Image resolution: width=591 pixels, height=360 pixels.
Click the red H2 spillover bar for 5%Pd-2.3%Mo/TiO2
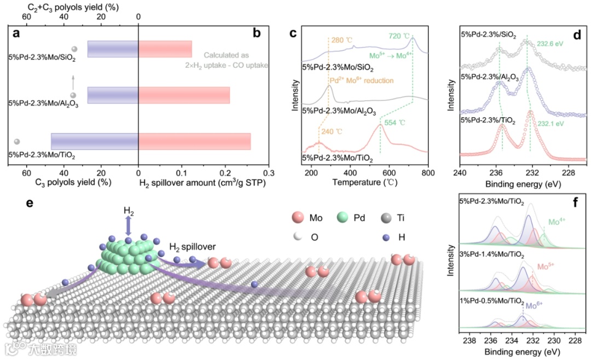[194, 142]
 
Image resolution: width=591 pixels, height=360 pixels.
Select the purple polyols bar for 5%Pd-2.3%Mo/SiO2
[113, 49]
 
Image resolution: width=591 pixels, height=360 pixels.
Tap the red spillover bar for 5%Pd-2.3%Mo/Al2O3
[184, 95]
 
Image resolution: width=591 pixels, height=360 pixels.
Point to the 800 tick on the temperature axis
[427, 173]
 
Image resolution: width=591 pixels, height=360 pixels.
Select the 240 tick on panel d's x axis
[460, 173]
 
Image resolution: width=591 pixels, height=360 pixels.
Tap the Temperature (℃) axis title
[364, 182]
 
